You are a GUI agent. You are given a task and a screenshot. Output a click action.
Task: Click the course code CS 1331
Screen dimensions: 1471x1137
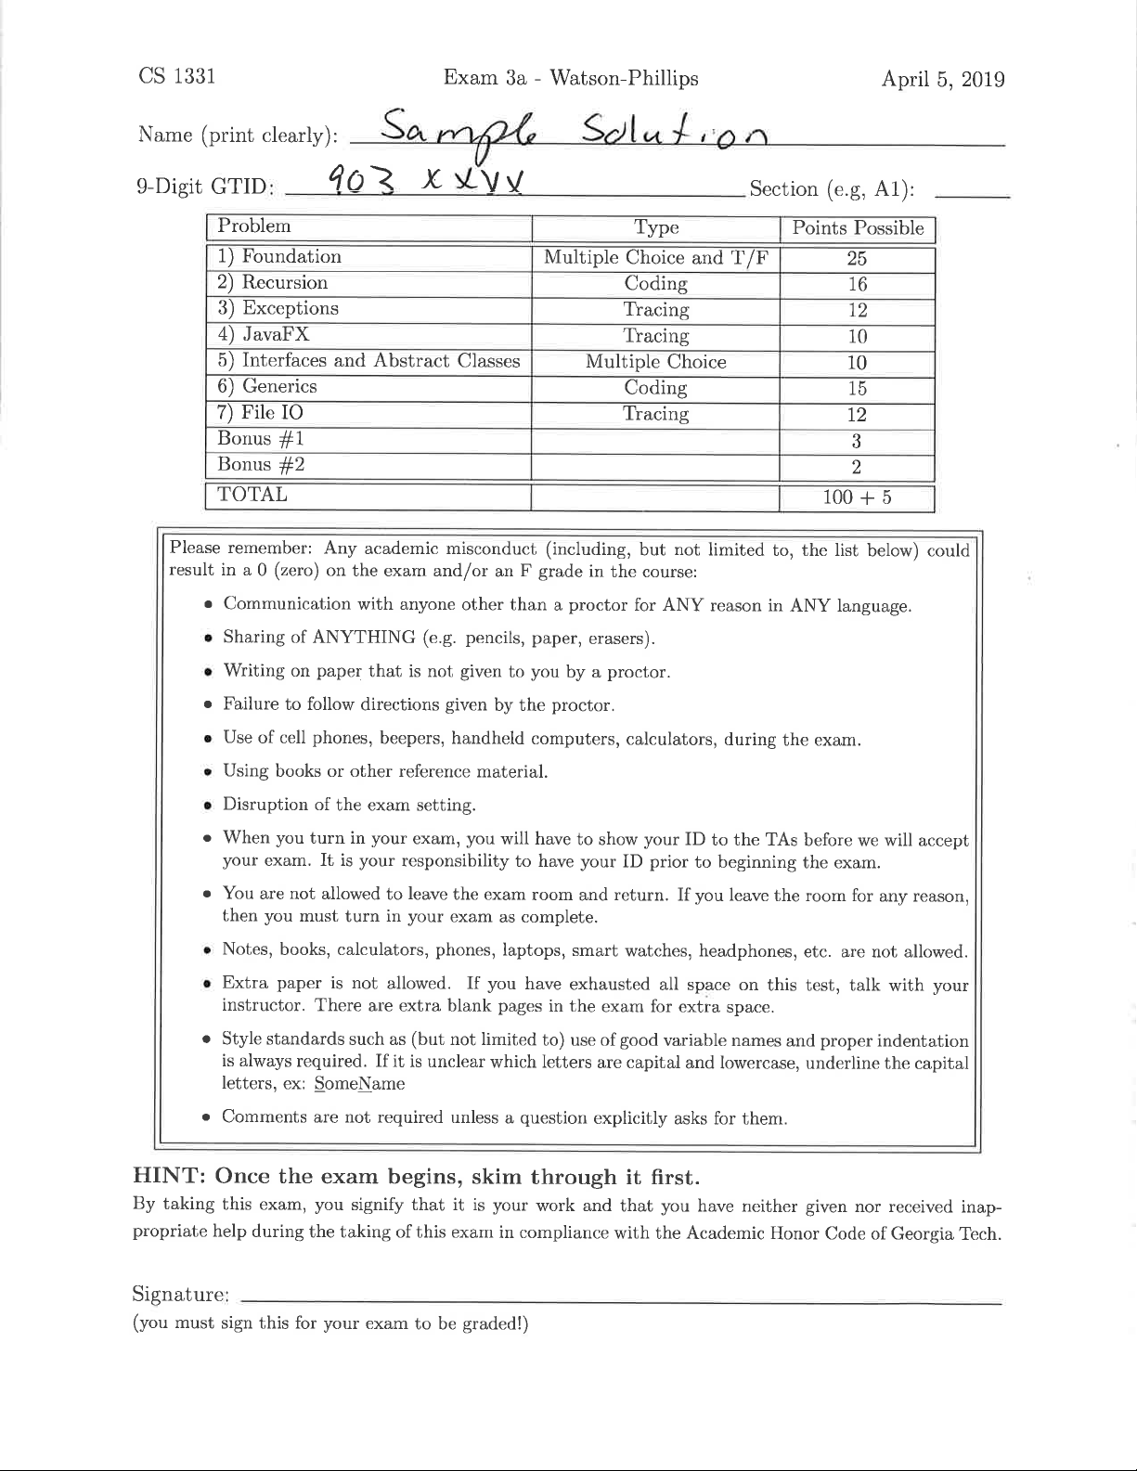(176, 76)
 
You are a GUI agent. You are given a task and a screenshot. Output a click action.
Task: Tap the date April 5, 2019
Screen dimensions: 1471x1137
(943, 79)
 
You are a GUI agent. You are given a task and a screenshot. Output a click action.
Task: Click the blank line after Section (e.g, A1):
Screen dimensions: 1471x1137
(972, 191)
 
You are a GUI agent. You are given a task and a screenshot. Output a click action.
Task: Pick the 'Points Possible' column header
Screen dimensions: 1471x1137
(857, 228)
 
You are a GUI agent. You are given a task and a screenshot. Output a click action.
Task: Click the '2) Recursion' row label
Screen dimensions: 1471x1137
(272, 283)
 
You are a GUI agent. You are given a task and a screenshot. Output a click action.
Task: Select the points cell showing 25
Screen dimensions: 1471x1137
(857, 258)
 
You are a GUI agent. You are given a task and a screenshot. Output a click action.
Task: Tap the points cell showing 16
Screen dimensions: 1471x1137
(857, 285)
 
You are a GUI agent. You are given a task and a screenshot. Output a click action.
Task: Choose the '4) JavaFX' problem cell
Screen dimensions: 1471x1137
(264, 335)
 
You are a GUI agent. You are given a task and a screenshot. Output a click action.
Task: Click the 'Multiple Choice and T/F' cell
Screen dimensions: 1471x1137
(655, 258)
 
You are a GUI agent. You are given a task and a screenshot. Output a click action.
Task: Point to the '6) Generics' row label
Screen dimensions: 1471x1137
(267, 387)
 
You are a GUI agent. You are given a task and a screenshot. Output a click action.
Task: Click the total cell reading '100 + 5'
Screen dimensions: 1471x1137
(857, 497)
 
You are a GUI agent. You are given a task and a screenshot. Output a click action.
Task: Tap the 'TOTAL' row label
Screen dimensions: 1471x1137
(252, 495)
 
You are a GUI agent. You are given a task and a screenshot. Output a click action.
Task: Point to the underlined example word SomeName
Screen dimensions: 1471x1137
(359, 1083)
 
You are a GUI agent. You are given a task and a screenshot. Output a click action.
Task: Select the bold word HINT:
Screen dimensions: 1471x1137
(170, 1177)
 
